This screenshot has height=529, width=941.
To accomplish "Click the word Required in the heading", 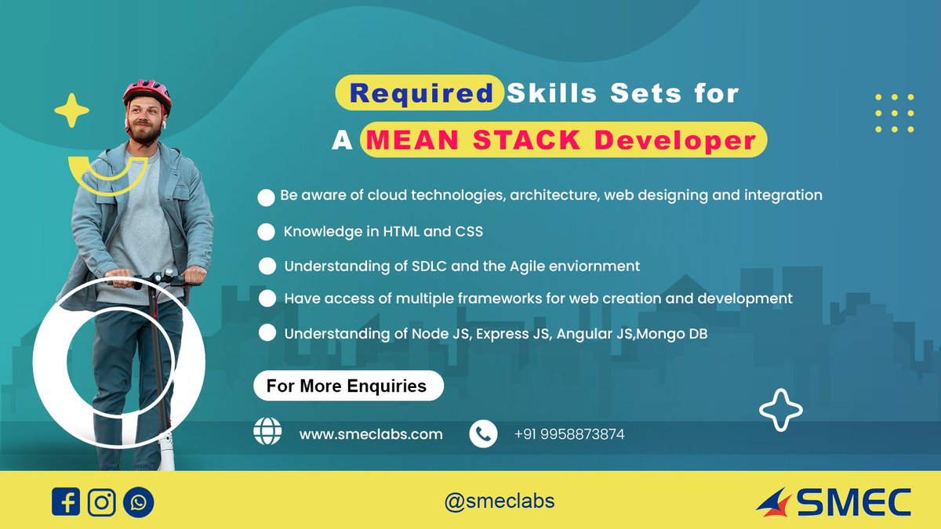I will coord(420,93).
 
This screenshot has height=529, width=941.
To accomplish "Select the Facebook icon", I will coord(67,502).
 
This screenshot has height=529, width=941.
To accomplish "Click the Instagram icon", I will coord(102,502).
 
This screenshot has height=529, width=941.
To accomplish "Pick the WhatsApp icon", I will coord(139,502).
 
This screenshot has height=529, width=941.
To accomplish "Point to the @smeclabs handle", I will coord(500,501).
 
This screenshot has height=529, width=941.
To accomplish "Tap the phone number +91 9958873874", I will coord(569,433).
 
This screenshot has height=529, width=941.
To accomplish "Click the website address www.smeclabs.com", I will coord(371,433).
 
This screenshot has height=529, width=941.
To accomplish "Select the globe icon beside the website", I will coord(267,432).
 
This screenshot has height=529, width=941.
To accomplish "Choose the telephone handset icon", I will coord(483,433).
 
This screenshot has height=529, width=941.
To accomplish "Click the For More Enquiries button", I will coord(347,386).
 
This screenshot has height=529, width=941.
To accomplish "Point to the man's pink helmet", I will coord(147,93).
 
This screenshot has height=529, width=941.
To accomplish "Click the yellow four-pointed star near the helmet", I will coord(71,111).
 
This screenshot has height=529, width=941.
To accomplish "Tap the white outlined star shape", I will coord(781,410).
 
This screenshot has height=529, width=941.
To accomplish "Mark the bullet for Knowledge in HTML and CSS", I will coord(267,232).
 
